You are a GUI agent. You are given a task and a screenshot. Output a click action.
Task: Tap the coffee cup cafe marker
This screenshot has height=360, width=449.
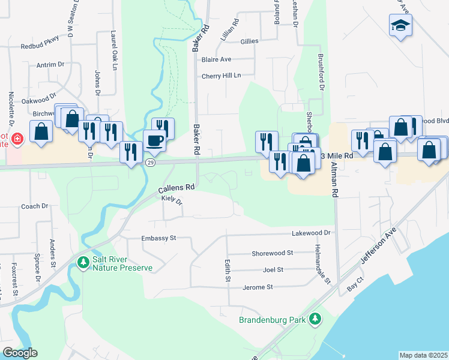pyautogui.click(x=155, y=140)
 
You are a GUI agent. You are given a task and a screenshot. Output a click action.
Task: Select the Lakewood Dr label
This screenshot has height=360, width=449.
pyautogui.click(x=311, y=232)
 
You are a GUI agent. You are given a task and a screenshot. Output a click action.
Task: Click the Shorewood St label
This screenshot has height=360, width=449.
pyautogui.click(x=272, y=253)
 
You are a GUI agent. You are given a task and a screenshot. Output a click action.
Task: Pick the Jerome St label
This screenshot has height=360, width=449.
pyautogui.click(x=258, y=287)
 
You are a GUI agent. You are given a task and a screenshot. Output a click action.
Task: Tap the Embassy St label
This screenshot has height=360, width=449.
pyautogui.click(x=158, y=238)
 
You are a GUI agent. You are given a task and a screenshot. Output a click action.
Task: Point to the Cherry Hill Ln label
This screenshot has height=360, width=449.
pyautogui.click(x=221, y=76)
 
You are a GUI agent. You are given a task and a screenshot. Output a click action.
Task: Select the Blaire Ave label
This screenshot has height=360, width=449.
pyautogui.click(x=216, y=59)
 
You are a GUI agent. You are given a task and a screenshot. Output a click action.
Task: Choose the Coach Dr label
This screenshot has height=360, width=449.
pyautogui.click(x=34, y=206)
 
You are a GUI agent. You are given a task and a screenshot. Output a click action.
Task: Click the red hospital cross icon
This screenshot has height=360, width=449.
pyautogui.click(x=17, y=139)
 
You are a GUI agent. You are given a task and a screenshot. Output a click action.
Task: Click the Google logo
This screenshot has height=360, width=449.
pyautogui.click(x=20, y=353)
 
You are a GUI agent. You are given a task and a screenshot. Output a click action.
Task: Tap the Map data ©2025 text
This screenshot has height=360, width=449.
pyautogui.click(x=423, y=355)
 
